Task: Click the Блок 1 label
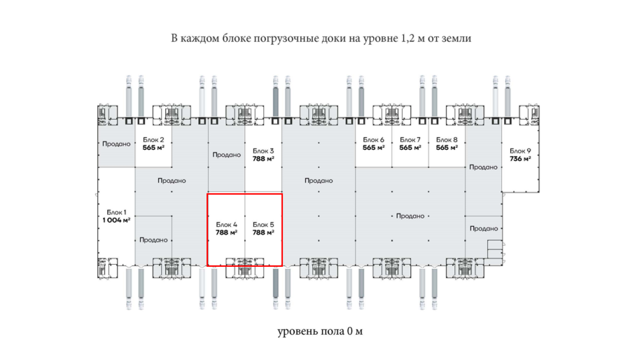[116, 212]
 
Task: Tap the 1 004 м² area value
[116, 220]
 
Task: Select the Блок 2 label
[153, 139]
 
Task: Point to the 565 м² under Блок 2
[153, 148]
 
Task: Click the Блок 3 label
[263, 151]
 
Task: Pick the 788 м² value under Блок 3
[263, 159]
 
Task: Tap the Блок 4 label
[226, 225]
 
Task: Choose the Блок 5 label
[263, 225]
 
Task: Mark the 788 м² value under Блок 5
[263, 233]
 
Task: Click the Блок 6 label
[373, 139]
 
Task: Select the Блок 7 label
[409, 139]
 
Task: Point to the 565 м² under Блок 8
[447, 148]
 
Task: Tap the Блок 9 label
[520, 151]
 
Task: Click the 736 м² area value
[520, 159]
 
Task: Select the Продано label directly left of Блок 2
[115, 144]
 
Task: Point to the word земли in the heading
[456, 39]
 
